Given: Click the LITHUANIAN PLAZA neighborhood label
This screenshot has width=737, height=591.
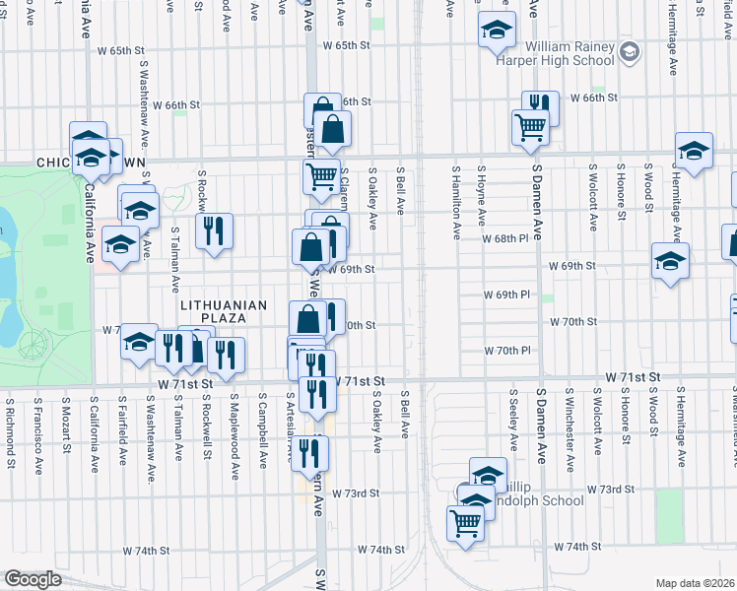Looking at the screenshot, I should [224, 305].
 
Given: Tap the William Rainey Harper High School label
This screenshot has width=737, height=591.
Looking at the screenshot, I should [569, 53].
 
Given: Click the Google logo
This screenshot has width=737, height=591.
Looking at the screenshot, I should [32, 579].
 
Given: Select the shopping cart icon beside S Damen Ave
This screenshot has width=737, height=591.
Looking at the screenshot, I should [529, 127].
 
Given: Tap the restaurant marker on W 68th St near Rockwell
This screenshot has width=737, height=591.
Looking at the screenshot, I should [214, 231].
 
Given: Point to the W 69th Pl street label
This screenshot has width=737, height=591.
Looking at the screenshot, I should [506, 295].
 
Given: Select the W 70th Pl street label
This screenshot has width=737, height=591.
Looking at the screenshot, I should [506, 351].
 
